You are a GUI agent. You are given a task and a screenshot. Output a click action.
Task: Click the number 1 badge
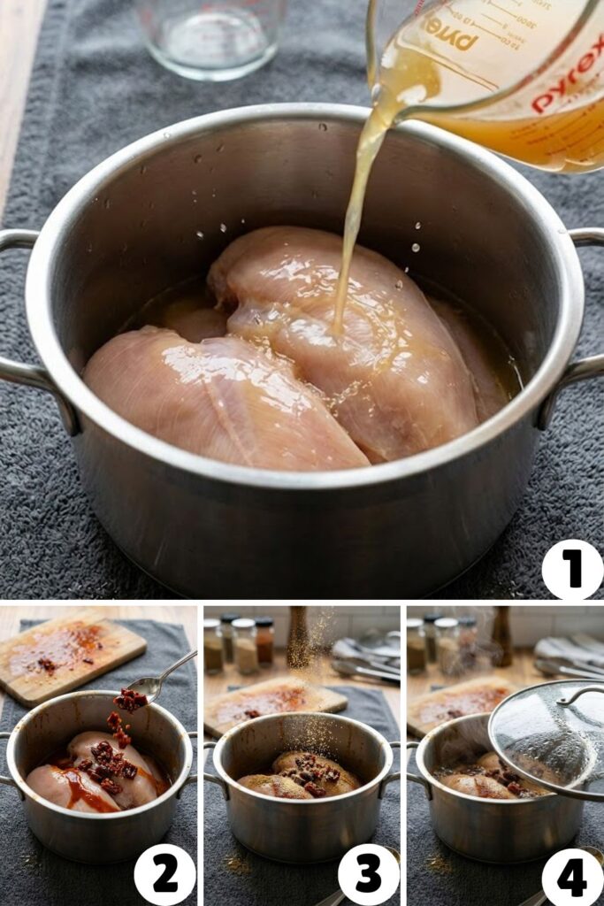click(x=572, y=570)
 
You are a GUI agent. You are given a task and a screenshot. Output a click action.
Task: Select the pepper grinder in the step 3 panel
click(x=298, y=637)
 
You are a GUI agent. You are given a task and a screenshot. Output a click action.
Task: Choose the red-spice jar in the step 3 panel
click(x=264, y=641)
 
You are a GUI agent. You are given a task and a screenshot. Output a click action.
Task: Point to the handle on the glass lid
click(x=579, y=695)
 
